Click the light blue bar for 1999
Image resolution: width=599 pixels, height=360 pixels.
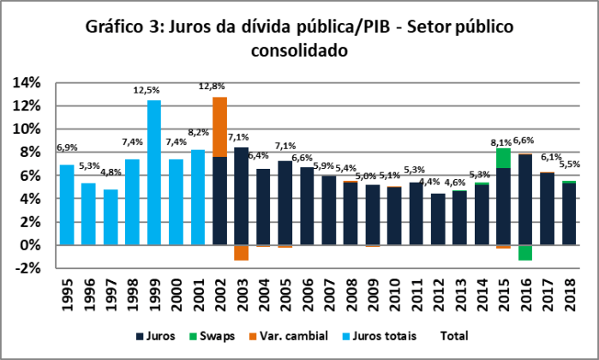(x=154, y=172)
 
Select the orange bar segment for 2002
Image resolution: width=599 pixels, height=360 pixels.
(x=220, y=127)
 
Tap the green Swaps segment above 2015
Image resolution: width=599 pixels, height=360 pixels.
(x=504, y=158)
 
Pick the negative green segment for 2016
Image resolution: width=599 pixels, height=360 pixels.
(x=525, y=253)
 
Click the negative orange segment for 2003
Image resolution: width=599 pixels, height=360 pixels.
(x=242, y=253)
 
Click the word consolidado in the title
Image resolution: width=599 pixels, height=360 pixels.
(x=298, y=51)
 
